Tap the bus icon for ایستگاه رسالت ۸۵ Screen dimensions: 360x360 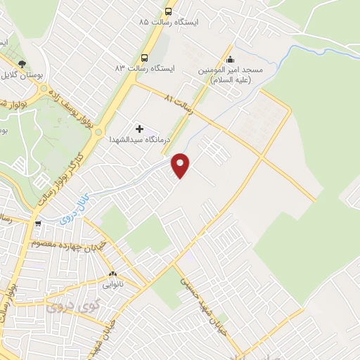(168, 11)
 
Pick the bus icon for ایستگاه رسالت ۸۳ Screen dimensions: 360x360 (144, 57)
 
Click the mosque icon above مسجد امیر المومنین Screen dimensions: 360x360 (231, 60)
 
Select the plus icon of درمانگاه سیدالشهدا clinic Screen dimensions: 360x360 (139, 129)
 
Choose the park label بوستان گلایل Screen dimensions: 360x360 (15, 74)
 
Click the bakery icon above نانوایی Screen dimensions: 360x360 (112, 274)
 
